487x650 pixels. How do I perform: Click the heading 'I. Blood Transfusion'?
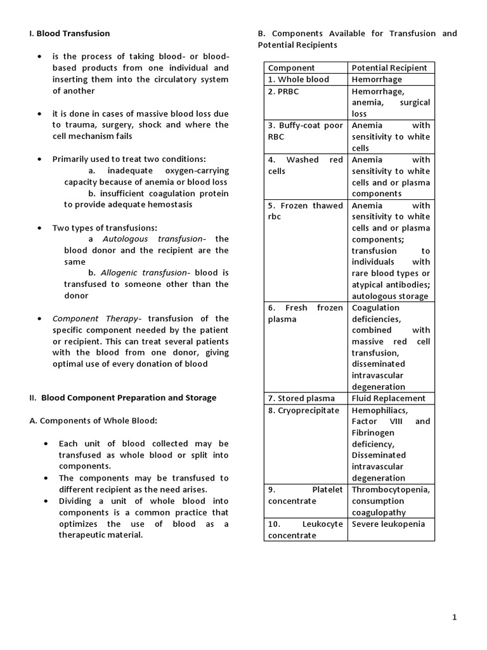pyautogui.click(x=70, y=34)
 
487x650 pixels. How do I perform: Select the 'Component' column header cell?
pyautogui.click(x=291, y=68)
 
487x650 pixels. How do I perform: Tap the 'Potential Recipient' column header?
pyautogui.click(x=389, y=68)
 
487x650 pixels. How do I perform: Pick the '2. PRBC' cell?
pyautogui.click(x=283, y=91)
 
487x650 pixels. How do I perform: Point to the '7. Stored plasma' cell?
pyautogui.click(x=301, y=399)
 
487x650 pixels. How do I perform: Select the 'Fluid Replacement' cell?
pyautogui.click(x=389, y=399)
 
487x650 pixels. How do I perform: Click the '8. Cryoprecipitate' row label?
pyautogui.click(x=304, y=410)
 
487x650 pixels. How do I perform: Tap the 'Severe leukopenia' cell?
pyautogui.click(x=389, y=524)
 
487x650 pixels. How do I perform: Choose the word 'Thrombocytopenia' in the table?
pyautogui.click(x=391, y=490)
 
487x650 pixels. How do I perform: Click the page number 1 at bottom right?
pyautogui.click(x=455, y=617)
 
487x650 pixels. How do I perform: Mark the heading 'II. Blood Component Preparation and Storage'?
pyautogui.click(x=123, y=398)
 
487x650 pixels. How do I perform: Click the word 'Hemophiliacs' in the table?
pyautogui.click(x=380, y=410)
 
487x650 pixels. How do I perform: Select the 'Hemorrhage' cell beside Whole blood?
pyautogui.click(x=377, y=79)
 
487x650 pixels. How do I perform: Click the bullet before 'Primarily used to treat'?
pyautogui.click(x=40, y=159)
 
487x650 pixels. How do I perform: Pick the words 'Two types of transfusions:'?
pyautogui.click(x=105, y=228)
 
